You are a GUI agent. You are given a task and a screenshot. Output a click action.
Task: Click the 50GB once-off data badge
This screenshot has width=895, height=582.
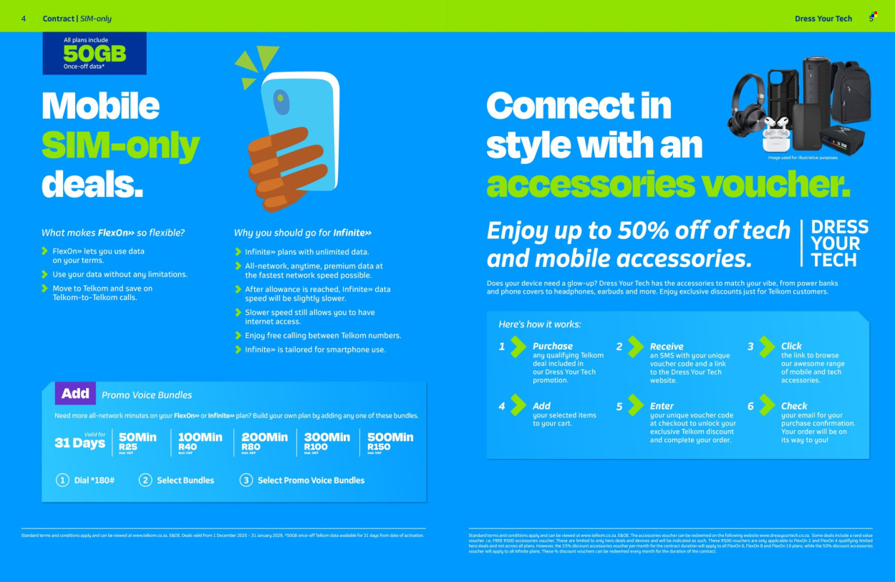click(x=95, y=54)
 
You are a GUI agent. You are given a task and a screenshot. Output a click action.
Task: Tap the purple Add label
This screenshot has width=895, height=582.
click(x=75, y=393)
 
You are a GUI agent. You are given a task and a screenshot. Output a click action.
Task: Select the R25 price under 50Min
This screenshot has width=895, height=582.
click(x=128, y=447)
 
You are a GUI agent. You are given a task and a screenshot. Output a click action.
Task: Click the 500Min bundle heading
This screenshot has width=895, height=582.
click(x=390, y=437)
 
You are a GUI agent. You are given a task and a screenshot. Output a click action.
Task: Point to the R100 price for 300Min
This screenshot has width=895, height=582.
click(x=316, y=447)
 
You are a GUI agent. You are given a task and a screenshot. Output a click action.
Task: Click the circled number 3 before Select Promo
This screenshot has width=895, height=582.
click(x=246, y=480)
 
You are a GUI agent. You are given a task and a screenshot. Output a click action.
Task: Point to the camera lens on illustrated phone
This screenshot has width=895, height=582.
click(x=281, y=98)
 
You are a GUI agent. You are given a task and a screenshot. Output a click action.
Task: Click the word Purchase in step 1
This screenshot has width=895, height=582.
click(x=552, y=346)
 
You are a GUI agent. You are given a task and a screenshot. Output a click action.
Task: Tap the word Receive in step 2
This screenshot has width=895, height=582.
click(x=667, y=346)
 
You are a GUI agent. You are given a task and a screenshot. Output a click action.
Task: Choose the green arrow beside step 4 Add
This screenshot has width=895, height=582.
click(x=518, y=405)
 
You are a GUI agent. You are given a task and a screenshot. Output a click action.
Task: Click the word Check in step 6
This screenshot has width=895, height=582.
click(x=794, y=405)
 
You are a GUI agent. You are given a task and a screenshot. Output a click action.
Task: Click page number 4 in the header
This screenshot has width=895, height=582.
click(x=24, y=19)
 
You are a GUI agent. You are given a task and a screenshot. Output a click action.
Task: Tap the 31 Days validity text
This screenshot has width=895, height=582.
click(x=80, y=442)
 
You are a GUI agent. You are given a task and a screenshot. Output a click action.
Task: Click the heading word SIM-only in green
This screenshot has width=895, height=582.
click(x=120, y=145)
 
